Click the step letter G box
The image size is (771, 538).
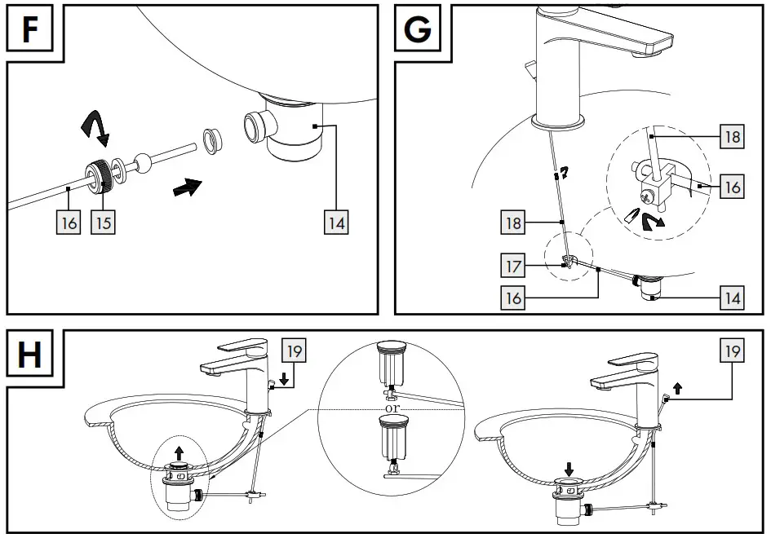[x=419, y=29]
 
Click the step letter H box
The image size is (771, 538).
[x=30, y=355]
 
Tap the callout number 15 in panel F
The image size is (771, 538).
[x=103, y=222]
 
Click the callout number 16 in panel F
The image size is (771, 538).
[x=70, y=222]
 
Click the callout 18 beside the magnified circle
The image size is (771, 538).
[x=732, y=135]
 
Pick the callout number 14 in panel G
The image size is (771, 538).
[x=732, y=298]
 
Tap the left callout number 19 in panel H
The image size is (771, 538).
[x=294, y=351]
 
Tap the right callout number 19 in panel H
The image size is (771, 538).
[x=732, y=351]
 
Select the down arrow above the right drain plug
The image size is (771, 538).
[x=569, y=468]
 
